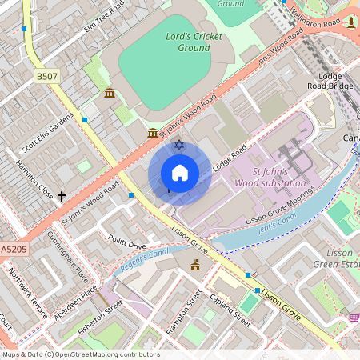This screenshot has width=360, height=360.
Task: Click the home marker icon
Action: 180,173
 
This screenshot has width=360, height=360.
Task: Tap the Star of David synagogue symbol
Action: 179,144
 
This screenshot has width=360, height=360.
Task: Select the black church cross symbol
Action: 62,196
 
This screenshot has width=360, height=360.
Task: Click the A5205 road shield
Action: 13,250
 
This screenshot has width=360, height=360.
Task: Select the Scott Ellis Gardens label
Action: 48,135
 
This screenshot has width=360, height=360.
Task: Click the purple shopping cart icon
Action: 353,318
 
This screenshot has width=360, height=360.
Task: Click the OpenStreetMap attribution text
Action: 80,354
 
